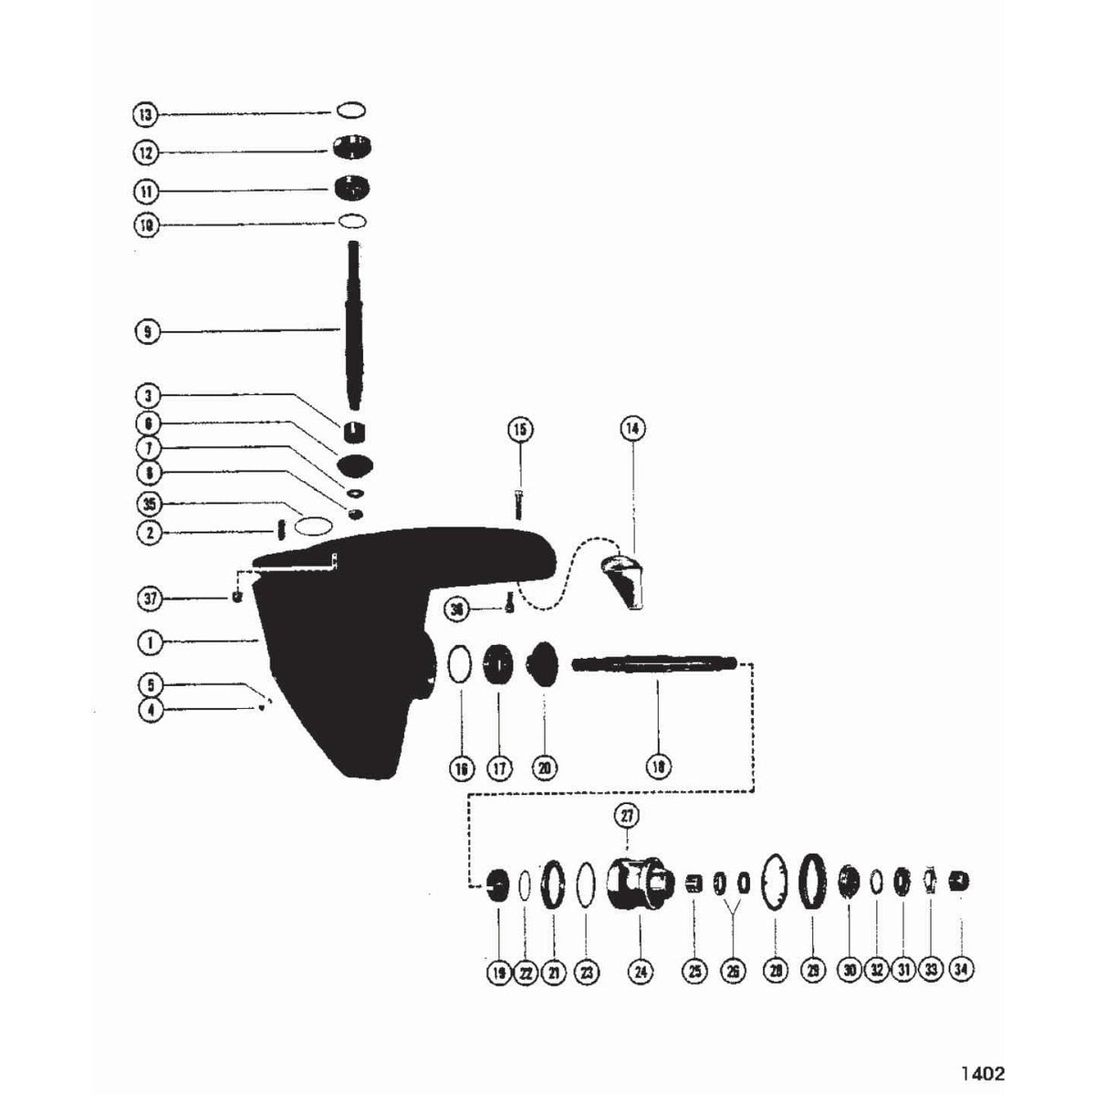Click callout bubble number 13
point(146,114)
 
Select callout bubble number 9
point(146,332)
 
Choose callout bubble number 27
point(628,816)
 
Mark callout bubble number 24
point(641,973)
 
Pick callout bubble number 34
point(961,973)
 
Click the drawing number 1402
point(982,1074)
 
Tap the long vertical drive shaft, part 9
point(353,328)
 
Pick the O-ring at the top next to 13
point(351,110)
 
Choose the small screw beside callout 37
point(237,598)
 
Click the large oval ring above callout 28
point(774,881)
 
